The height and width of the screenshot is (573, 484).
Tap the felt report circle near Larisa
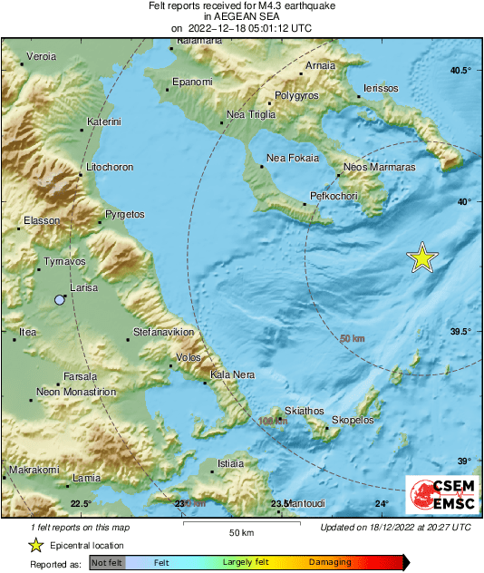[60, 299]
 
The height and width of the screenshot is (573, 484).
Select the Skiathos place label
[304, 411]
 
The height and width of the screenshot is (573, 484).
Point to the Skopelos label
[353, 421]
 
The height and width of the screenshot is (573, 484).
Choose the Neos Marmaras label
[380, 168]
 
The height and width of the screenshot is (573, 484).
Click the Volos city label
[188, 357]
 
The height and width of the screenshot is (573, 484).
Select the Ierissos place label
[380, 88]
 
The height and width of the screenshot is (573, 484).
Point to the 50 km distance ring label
[352, 339]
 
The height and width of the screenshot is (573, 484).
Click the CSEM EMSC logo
[437, 496]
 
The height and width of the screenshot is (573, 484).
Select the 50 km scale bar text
[239, 531]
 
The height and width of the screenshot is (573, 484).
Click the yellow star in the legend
[35, 545]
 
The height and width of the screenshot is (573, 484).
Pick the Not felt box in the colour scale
[107, 563]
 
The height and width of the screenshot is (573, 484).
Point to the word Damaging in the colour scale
[330, 563]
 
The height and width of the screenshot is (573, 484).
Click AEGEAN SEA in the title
[241, 16]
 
